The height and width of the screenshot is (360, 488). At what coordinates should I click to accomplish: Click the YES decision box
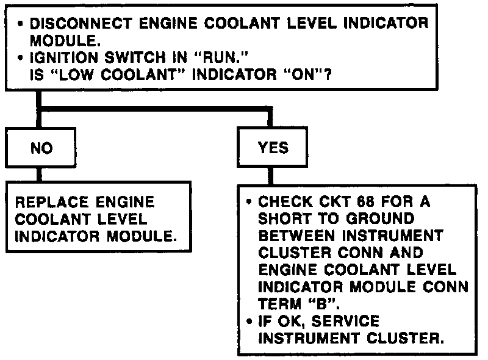coord(272,147)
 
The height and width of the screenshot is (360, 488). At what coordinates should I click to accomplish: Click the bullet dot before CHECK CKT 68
coord(250,201)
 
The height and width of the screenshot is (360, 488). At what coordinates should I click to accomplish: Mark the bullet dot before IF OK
coord(250,319)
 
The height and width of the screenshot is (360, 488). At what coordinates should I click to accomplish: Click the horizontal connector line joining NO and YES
coord(152,110)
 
